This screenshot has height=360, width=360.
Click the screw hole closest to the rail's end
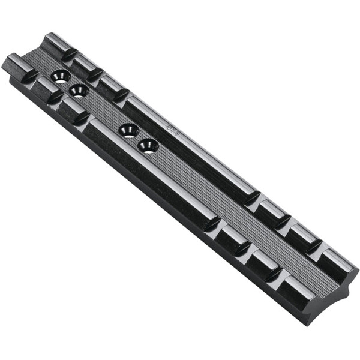(x=61, y=76)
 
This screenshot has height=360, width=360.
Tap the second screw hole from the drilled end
(x=79, y=91)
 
